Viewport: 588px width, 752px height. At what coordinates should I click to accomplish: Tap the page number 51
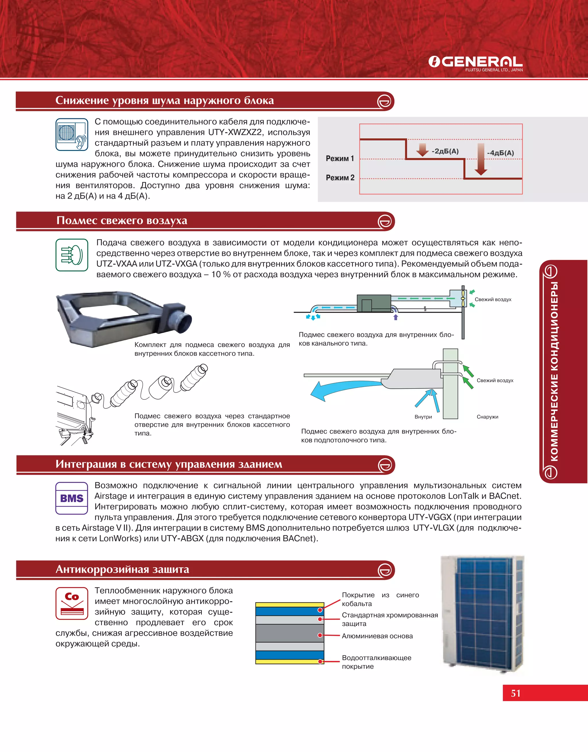516,693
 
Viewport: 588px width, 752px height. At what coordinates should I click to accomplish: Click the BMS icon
71,498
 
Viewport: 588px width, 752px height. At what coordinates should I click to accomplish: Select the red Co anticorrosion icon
71,603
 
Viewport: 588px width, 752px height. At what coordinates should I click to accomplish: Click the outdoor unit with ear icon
71,134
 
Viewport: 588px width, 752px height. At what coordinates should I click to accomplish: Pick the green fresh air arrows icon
71,255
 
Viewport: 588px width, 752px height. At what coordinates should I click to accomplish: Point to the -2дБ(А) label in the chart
445,151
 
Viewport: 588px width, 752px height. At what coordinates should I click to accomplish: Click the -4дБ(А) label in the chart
500,153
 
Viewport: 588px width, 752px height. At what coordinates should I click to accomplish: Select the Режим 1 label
340,158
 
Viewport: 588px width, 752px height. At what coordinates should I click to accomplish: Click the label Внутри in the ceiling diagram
423,417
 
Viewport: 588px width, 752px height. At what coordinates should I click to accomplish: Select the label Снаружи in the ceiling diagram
487,417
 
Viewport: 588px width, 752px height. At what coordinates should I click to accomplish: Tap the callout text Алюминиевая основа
377,636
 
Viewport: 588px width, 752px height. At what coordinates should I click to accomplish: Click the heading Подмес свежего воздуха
122,220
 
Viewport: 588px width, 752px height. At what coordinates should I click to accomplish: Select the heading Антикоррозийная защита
123,570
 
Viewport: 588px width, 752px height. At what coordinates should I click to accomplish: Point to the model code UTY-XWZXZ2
235,132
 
